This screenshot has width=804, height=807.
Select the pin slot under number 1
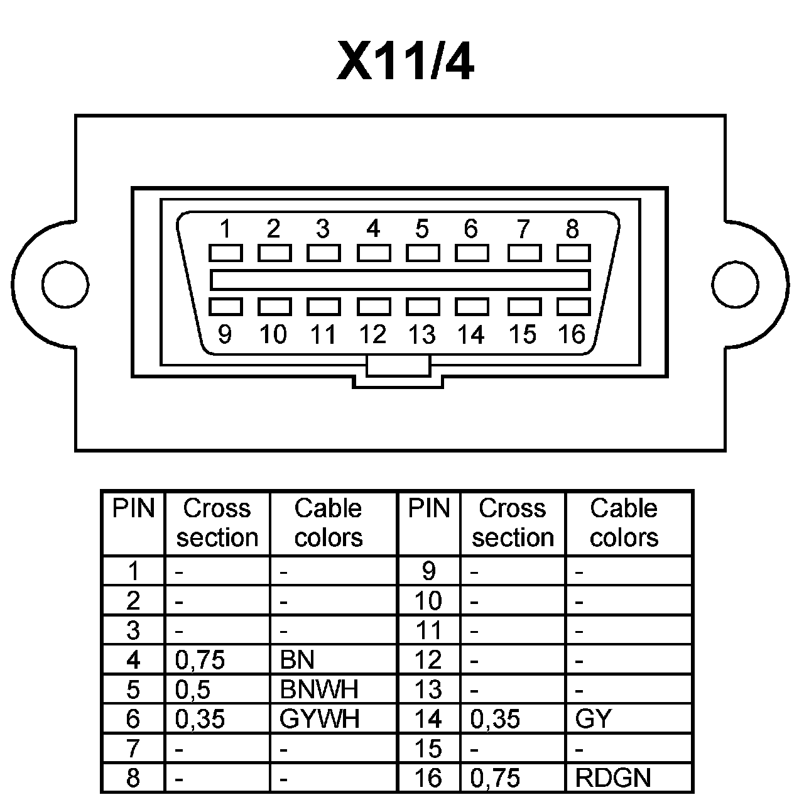[225, 253]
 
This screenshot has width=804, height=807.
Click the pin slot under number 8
[573, 253]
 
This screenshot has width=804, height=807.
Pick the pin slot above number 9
[225, 307]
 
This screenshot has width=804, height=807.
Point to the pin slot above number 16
[573, 307]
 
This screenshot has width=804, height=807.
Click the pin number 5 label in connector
[422, 229]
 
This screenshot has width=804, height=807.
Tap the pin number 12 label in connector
[372, 334]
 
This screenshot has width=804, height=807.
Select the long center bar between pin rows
[400, 280]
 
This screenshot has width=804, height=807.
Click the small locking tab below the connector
[398, 366]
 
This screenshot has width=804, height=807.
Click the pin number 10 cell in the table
[428, 601]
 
